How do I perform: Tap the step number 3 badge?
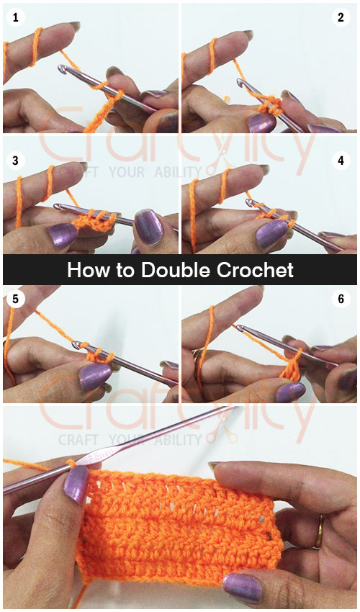pyautogui.click(x=14, y=160)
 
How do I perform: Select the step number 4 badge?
pyautogui.click(x=341, y=160)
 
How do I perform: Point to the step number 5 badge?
pyautogui.click(x=14, y=299)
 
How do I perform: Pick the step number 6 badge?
pyautogui.click(x=341, y=299)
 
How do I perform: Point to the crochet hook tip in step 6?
pyautogui.click(x=237, y=328)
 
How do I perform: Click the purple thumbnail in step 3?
pyautogui.click(x=63, y=235)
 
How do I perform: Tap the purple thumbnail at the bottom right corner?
pyautogui.click(x=243, y=586)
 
